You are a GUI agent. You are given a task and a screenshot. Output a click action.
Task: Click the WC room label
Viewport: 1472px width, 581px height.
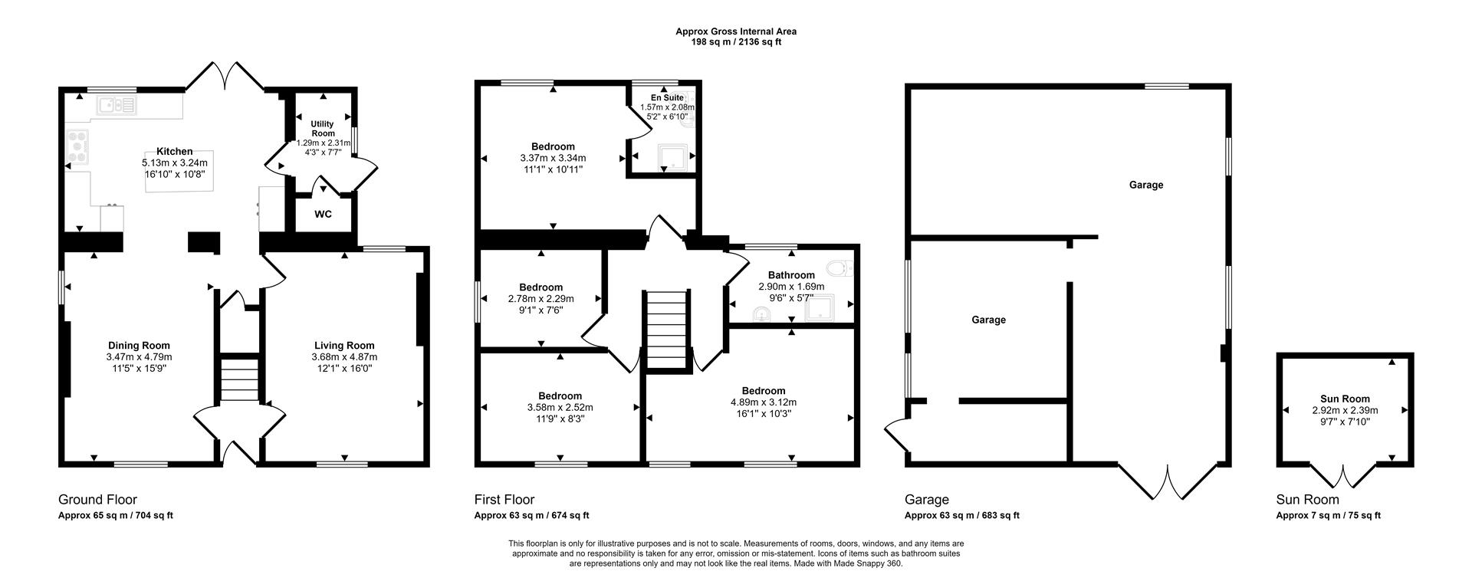coord(323,215)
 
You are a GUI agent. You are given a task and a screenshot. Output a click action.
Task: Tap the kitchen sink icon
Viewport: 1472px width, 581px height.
coord(116,105)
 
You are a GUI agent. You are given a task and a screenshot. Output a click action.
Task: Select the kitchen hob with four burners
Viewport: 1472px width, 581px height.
coord(77,146)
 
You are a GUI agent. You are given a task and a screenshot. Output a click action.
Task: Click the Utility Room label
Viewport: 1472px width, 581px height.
coord(323,128)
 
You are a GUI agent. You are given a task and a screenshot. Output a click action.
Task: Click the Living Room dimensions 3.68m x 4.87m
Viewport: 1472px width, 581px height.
coord(344,357)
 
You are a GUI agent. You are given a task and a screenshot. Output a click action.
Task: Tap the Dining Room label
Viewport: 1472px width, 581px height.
coord(139,346)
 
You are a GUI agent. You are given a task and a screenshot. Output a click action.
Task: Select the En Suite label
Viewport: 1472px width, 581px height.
coord(667,98)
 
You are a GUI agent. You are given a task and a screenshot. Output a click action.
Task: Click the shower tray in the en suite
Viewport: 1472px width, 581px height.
coord(672,157)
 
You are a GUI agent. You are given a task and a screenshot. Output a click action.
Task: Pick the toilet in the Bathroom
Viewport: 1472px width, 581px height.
coord(839,268)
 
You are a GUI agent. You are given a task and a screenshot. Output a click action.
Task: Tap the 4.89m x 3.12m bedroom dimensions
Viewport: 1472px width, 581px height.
coord(763,402)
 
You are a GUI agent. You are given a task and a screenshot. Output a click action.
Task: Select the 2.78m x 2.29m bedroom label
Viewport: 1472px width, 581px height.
coord(540,287)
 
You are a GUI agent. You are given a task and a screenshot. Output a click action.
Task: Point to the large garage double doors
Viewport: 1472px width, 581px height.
coord(1168,483)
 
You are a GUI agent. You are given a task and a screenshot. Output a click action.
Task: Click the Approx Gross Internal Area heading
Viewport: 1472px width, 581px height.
coord(735,31)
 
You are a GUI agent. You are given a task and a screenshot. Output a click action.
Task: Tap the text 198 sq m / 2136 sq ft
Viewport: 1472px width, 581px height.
coord(735,42)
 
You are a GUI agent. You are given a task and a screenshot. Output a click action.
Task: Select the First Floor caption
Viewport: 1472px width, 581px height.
coord(504,500)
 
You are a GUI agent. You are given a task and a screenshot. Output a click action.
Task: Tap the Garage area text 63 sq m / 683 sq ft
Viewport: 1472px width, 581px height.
coord(962,516)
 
